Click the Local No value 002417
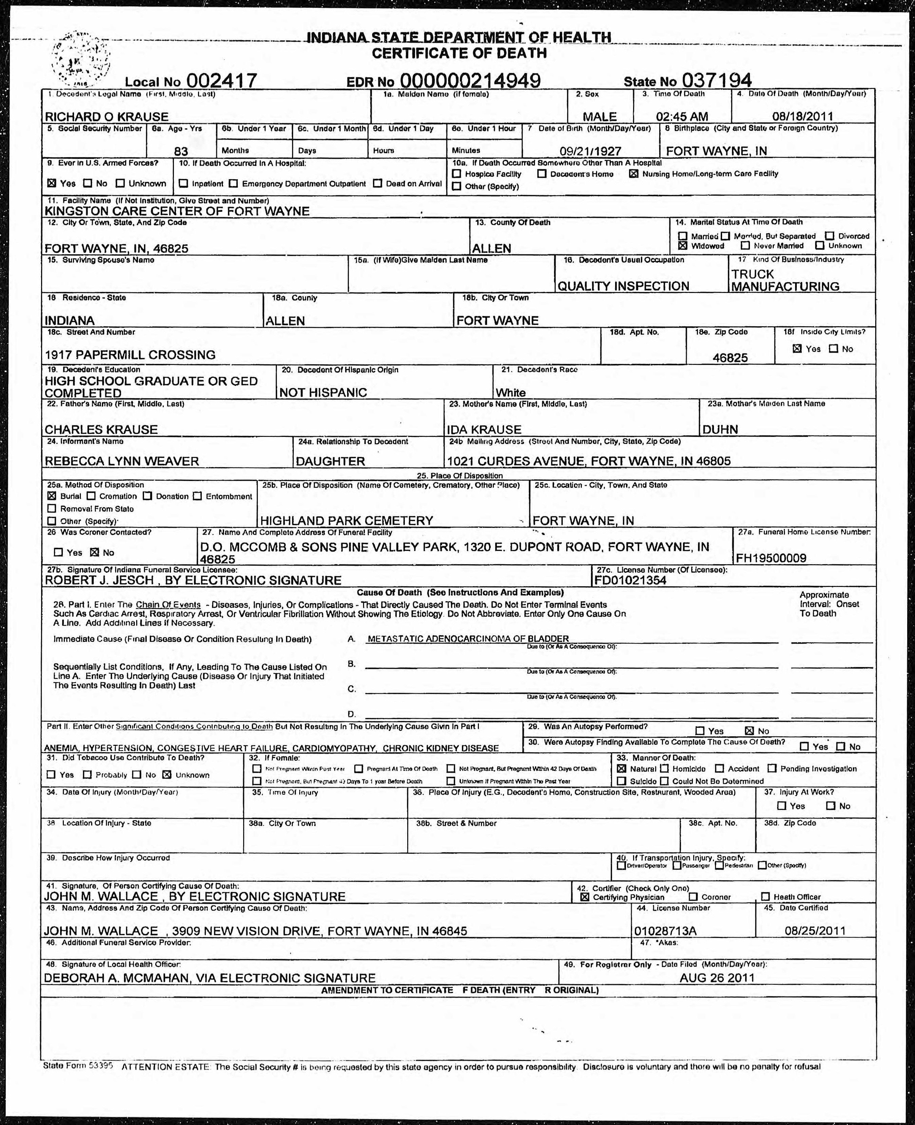(221, 80)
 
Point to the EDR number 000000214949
(470, 80)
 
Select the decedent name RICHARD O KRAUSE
(106, 116)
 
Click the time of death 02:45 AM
(682, 116)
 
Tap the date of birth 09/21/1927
(590, 151)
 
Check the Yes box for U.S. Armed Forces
(52, 183)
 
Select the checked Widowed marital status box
(683, 245)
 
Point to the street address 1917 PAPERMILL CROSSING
(130, 354)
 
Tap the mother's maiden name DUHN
(720, 429)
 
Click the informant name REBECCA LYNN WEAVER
(122, 461)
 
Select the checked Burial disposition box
(52, 496)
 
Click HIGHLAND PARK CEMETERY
(346, 520)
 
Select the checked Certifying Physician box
(584, 897)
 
